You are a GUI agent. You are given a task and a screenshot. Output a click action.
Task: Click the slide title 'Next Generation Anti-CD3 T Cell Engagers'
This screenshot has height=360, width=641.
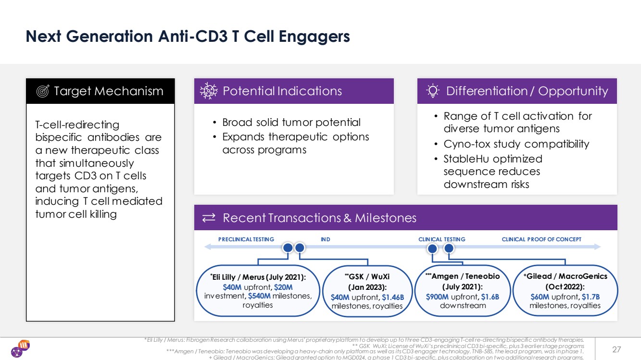[x=188, y=37]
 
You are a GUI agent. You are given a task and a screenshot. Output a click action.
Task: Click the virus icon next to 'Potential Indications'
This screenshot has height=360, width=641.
[x=209, y=91]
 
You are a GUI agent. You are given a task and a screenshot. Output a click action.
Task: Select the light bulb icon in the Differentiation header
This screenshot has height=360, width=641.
[x=433, y=91]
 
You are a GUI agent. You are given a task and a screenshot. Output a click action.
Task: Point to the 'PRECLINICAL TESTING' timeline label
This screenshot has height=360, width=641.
[x=246, y=239]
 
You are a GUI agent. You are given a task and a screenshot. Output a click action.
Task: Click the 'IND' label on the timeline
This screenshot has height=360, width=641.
[x=326, y=239]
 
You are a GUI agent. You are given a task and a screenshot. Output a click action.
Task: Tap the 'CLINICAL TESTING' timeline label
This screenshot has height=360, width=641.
[x=442, y=239]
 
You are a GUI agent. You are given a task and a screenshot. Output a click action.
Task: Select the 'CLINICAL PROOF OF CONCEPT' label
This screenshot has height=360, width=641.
[x=541, y=239]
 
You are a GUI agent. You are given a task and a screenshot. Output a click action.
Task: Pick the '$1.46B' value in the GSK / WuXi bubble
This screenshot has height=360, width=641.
[x=393, y=297]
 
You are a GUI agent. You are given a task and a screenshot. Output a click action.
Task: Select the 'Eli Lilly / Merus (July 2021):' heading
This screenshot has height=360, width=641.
[x=258, y=277]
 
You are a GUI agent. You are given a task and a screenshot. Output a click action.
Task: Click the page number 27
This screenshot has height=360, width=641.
[x=616, y=349]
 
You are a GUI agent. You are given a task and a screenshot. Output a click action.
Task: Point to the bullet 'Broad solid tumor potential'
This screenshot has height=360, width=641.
[x=291, y=123]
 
